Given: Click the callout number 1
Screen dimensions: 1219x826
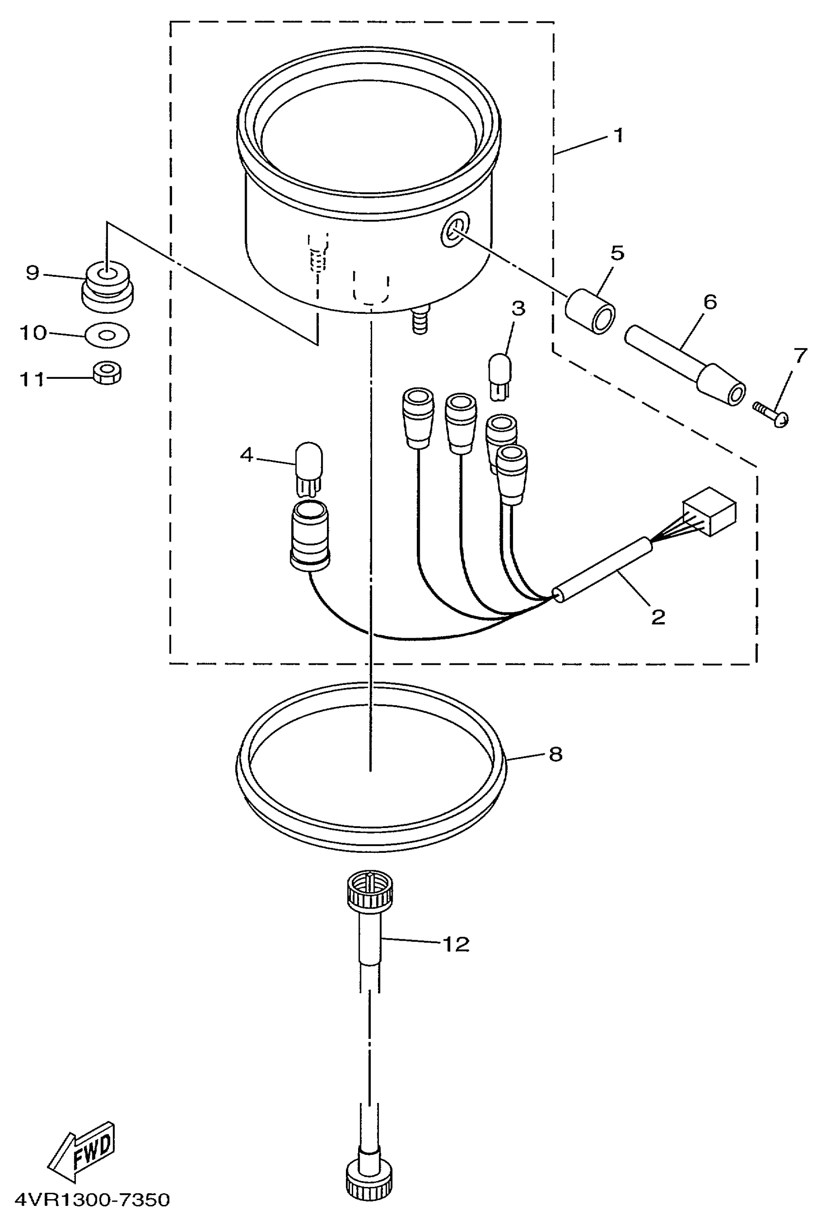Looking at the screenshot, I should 619,135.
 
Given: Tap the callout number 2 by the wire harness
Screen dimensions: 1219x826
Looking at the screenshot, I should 657,617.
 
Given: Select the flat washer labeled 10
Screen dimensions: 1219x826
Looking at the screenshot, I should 107,335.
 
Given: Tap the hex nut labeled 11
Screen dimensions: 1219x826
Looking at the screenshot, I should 106,372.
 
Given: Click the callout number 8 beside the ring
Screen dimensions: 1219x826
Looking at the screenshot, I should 555,754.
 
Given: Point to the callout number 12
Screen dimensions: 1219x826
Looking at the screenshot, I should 455,944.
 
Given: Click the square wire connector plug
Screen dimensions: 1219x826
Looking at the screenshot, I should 709,511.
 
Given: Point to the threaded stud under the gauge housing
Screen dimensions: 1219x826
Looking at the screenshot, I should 420,320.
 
